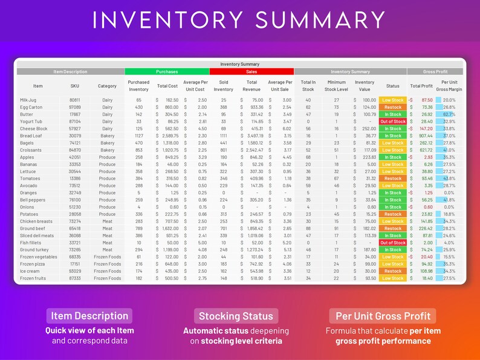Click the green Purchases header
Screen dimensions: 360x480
pos(167,71)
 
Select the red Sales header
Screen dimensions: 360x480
pos(252,71)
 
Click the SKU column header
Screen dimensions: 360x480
pos(74,86)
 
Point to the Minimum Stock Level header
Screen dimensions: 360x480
pos(337,86)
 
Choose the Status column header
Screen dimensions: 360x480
pos(392,86)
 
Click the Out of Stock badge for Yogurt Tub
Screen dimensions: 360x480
pos(392,122)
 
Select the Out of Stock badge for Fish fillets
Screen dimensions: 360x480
pos(392,243)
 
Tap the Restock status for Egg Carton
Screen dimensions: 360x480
pos(392,107)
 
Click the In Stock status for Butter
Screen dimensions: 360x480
pos(392,114)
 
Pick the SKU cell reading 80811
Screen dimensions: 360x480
pos(74,100)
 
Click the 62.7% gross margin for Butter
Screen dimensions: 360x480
pos(449,114)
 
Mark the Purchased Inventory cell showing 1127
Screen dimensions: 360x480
pos(138,136)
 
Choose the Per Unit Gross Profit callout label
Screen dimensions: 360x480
pos(383,316)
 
